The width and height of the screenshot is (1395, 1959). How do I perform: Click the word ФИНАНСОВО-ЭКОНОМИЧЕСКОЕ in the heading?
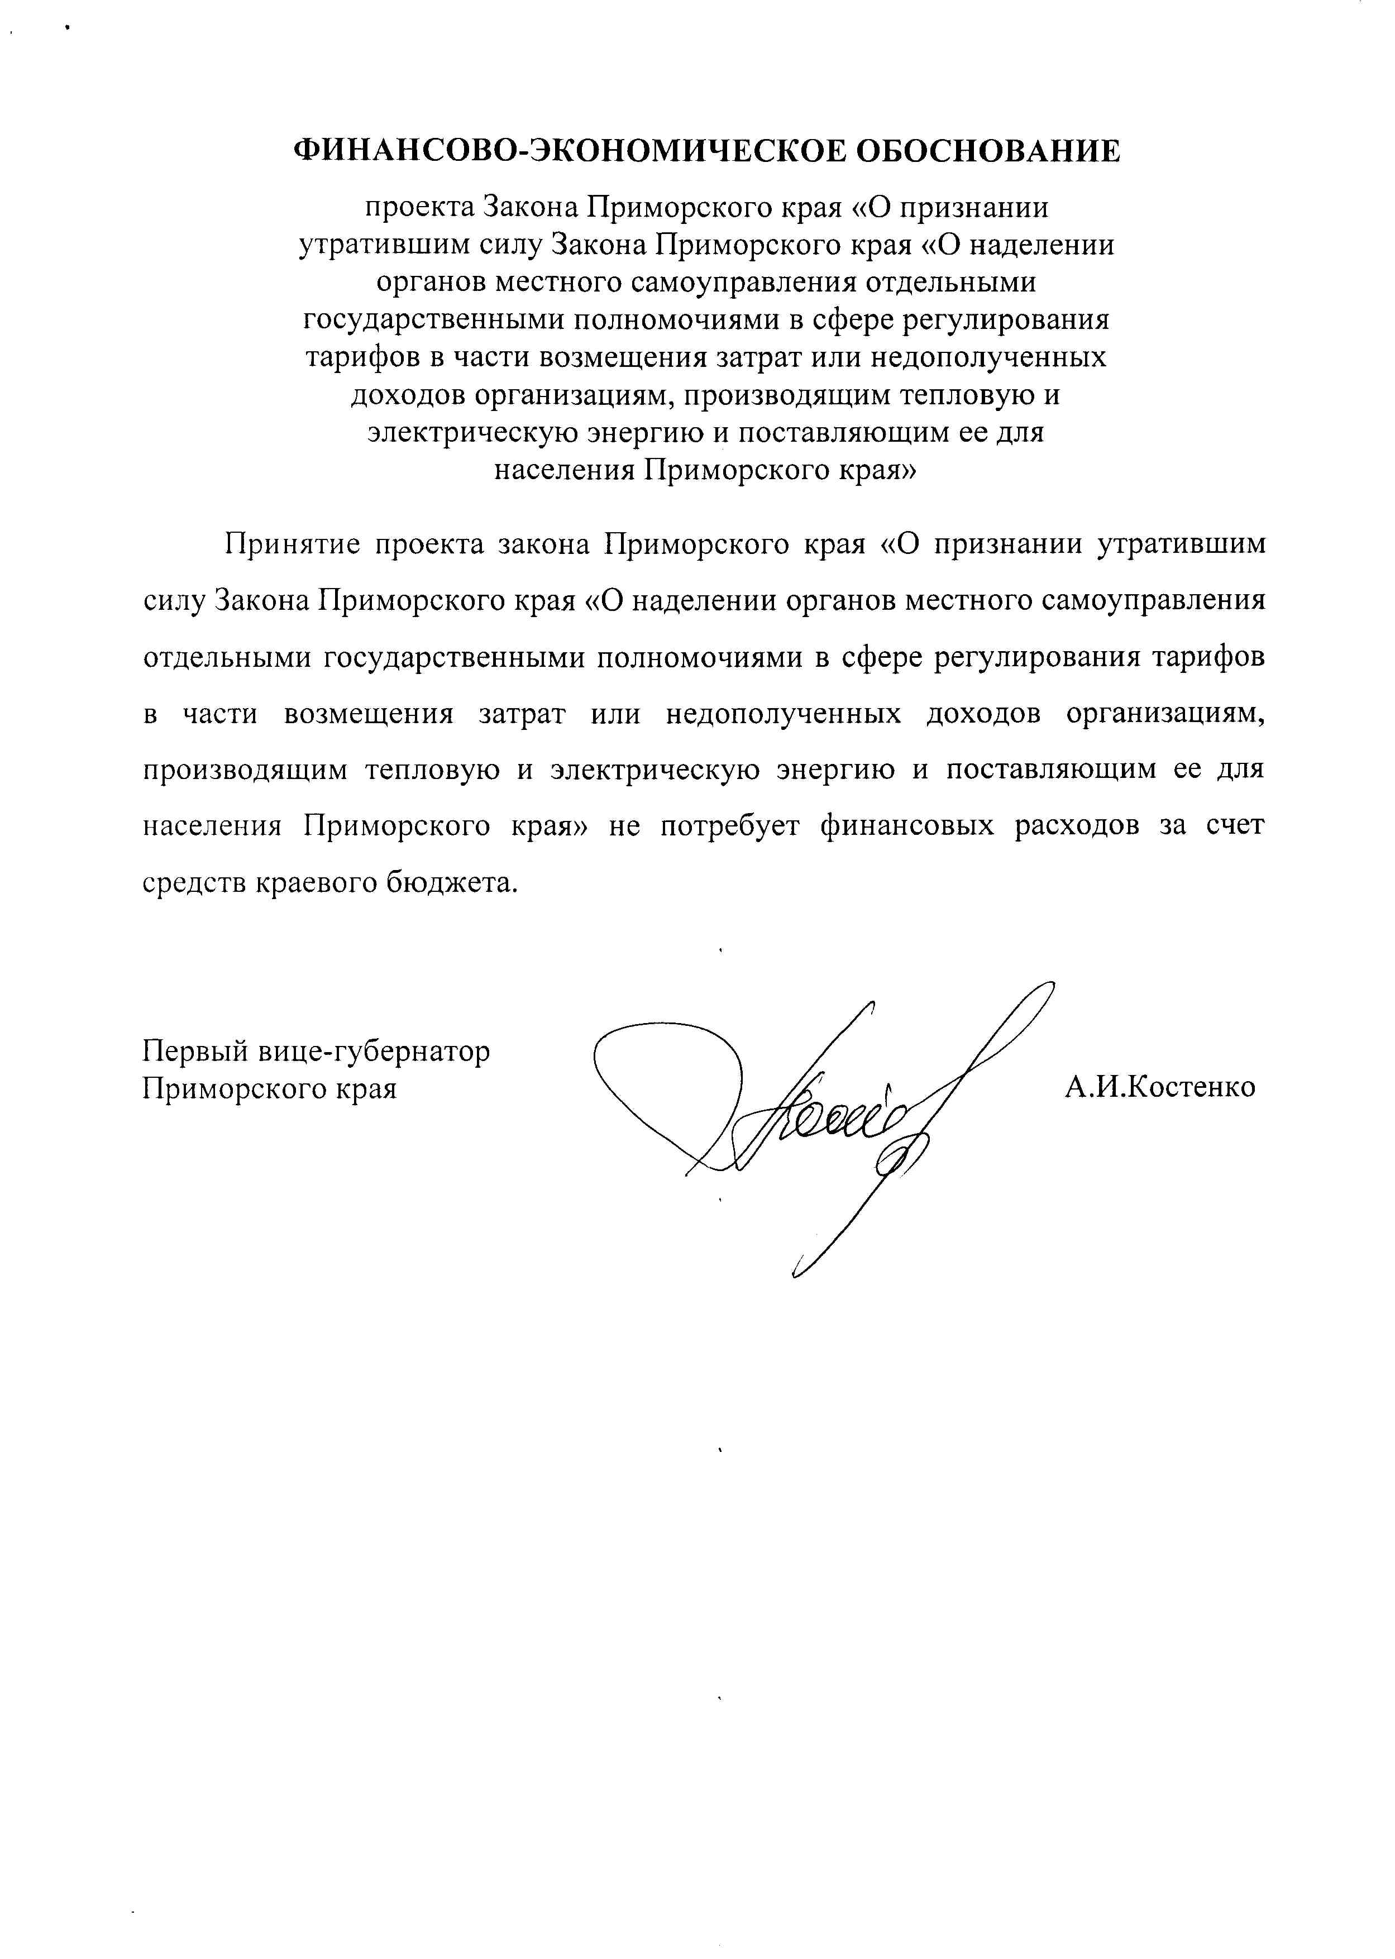[x=566, y=151]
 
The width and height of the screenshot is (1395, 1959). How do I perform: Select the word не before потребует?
[x=624, y=826]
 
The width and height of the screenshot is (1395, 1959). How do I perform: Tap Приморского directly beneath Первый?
[x=228, y=1089]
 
